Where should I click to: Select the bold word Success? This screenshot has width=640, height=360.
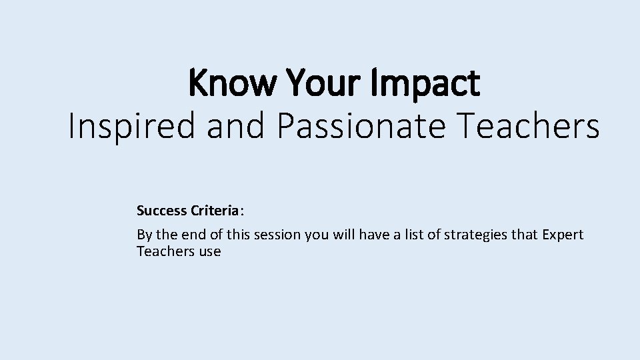pyautogui.click(x=162, y=211)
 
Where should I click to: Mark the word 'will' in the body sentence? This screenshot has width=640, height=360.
pyautogui.click(x=343, y=235)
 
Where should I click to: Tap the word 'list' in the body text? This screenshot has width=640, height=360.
pyautogui.click(x=413, y=235)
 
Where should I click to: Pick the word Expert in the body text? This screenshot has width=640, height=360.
pyautogui.click(x=563, y=235)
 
